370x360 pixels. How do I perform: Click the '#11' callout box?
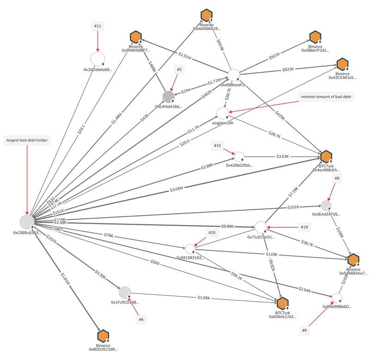[98, 27]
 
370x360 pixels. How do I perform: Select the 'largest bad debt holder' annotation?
[27, 139]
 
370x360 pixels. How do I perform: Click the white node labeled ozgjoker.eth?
[223, 113]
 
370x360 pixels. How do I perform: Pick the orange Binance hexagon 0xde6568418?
[206, 16]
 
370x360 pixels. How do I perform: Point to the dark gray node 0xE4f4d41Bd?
[168, 96]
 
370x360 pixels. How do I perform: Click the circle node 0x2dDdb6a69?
[98, 59]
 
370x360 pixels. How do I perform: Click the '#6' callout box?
[142, 319]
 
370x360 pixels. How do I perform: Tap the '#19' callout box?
[304, 227]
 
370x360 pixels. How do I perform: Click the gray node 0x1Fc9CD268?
[125, 292]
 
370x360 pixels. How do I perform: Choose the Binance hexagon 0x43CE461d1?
[342, 65]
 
